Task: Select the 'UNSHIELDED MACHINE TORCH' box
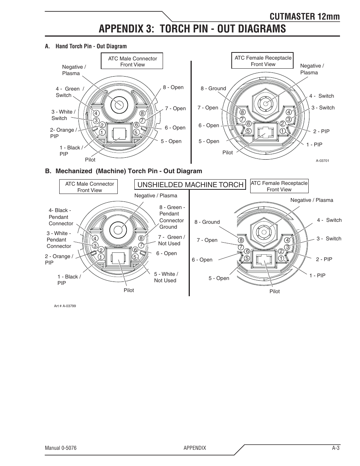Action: click(190, 185)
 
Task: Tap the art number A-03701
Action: click(322, 160)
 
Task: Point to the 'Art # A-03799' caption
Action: click(65, 306)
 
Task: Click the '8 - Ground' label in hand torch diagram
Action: click(213, 88)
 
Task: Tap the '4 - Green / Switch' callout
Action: click(69, 92)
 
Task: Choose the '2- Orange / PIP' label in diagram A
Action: click(63, 133)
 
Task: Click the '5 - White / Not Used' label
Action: click(166, 277)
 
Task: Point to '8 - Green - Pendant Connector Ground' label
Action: click(172, 217)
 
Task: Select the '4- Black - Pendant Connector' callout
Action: click(60, 217)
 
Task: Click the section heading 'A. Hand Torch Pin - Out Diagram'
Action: click(86, 46)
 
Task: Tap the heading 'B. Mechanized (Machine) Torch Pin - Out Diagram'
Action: click(123, 171)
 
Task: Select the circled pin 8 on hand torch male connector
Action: click(142, 113)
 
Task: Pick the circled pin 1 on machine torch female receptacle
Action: click(281, 258)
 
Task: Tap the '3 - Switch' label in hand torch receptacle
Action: click(323, 108)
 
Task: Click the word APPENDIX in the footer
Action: click(195, 448)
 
